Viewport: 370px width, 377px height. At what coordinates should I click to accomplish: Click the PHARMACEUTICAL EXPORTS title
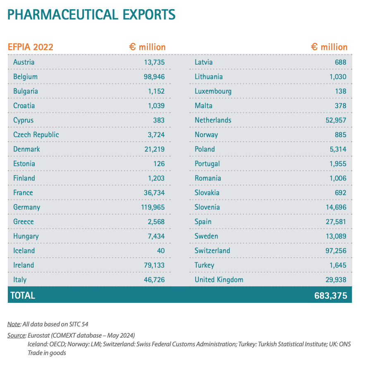tap(91, 15)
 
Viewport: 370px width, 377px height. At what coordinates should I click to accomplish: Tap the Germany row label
tap(26, 207)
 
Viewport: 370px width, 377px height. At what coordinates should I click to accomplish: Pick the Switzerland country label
tap(212, 251)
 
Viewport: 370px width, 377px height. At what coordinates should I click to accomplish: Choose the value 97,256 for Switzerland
tap(336, 251)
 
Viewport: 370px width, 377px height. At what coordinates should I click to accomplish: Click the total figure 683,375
tap(330, 296)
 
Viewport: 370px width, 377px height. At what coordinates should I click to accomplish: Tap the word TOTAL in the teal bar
tap(23, 296)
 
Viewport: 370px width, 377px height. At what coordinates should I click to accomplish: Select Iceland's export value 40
tap(161, 251)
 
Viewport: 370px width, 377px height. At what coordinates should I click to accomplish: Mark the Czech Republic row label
tap(36, 135)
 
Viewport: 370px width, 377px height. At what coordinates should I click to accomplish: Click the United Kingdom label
tap(219, 280)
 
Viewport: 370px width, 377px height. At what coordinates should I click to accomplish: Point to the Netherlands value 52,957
tap(336, 120)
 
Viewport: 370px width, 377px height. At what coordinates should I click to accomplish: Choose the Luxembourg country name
tap(213, 91)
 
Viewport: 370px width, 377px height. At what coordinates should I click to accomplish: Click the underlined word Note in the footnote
tap(14, 324)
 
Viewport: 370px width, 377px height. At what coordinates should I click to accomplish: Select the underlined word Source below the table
tap(17, 335)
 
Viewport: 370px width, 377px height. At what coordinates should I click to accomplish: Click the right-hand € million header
tap(329, 47)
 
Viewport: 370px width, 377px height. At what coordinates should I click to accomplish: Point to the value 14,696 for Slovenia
tap(336, 207)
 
